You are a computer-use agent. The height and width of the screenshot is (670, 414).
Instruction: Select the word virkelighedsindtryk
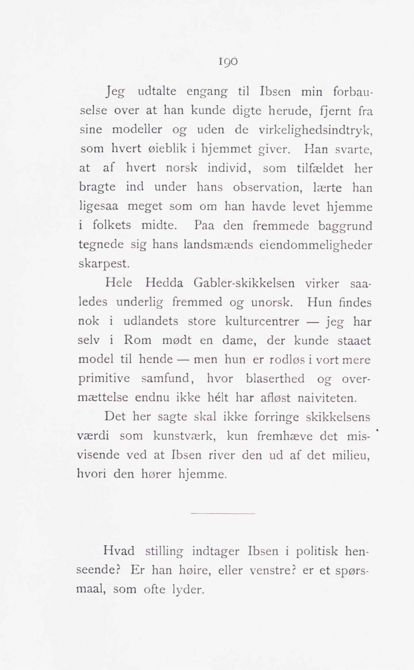[x=315, y=130]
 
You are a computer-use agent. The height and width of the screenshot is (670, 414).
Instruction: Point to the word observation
[x=266, y=187]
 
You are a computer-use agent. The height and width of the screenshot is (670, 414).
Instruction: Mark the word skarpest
[x=103, y=264]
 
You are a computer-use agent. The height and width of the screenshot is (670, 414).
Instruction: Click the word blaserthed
[x=275, y=379]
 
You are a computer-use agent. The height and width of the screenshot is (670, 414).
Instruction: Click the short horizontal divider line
[x=223, y=513]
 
